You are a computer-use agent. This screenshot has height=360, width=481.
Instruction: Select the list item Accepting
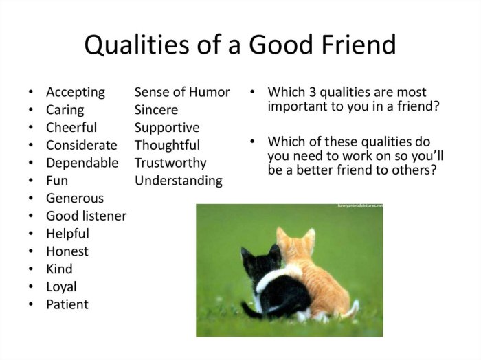76,92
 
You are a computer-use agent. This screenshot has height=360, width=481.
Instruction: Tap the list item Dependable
82,163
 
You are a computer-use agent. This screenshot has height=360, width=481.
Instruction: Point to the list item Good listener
86,216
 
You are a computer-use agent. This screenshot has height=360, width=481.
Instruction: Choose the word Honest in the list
67,251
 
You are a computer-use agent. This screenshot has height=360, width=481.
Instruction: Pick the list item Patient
67,304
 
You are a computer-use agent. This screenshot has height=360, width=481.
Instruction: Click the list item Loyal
61,286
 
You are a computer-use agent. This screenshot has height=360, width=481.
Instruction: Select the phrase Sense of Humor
182,92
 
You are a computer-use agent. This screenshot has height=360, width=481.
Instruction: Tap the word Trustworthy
170,163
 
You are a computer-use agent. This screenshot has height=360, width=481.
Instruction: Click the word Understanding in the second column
179,181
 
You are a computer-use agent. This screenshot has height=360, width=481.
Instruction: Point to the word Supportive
167,128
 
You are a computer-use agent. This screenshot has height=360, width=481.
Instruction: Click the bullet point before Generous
30,199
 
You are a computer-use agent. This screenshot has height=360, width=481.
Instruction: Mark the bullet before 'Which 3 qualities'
252,92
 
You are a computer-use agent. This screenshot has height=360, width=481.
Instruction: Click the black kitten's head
261,260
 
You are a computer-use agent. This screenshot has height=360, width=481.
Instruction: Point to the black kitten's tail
251,309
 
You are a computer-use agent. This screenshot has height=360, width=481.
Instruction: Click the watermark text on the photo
359,206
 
